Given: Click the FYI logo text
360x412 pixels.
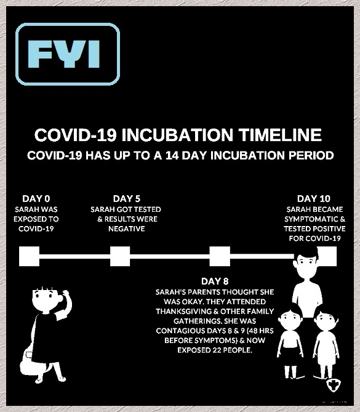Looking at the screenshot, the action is click(64, 54).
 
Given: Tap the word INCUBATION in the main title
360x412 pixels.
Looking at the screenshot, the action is click(177, 135).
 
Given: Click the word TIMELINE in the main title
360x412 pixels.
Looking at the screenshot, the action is click(280, 135).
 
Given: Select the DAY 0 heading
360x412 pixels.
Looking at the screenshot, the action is click(36, 199).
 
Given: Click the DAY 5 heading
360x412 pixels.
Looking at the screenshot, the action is click(127, 199).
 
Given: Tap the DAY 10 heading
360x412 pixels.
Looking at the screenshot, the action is click(313, 199).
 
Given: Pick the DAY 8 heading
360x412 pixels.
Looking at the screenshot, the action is click(215, 281).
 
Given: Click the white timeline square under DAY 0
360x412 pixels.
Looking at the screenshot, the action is click(29, 256).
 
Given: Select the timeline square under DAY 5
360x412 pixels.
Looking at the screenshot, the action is click(120, 256).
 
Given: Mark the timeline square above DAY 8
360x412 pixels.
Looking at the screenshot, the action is click(220, 256).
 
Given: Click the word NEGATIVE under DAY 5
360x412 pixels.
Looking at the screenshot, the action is click(127, 229).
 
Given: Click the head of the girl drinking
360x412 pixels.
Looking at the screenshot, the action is click(47, 300).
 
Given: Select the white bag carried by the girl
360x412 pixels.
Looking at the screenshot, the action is click(30, 360).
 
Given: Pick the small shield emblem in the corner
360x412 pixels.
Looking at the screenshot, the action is click(334, 386).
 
